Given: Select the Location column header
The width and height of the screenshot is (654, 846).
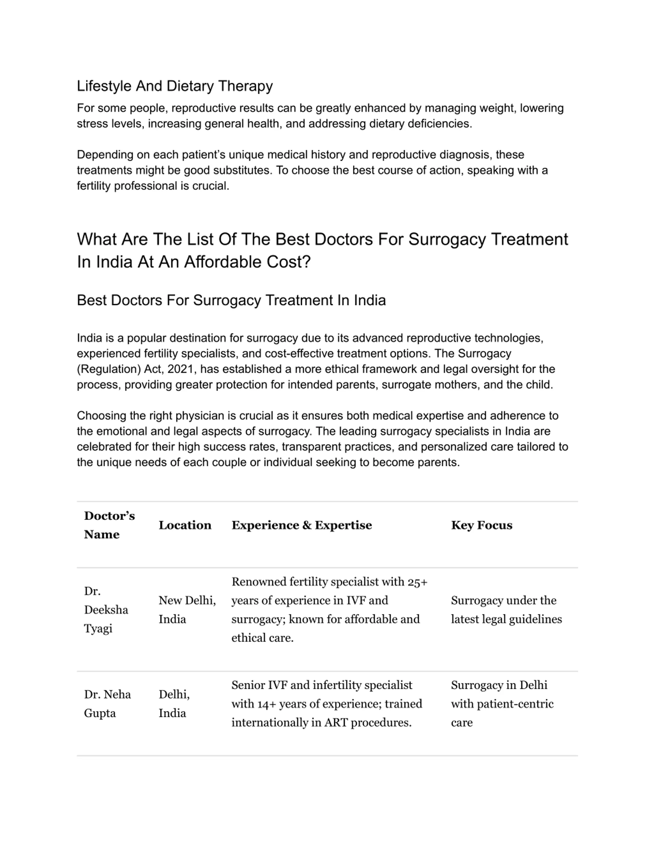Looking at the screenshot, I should click(x=185, y=525).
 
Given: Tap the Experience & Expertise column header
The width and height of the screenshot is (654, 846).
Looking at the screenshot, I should click(x=301, y=525).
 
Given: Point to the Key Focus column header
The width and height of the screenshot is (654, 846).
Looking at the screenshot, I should click(x=482, y=525).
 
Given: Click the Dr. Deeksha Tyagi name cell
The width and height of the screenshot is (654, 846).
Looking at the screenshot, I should click(x=106, y=610).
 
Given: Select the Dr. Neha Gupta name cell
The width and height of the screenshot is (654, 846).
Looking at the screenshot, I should click(x=107, y=704).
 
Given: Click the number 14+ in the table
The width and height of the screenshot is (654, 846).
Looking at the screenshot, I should click(x=266, y=704).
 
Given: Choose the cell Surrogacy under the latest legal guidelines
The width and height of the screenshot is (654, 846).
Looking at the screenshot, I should click(x=506, y=610).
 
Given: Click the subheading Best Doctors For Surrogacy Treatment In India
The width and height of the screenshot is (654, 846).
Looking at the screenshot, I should click(x=231, y=301).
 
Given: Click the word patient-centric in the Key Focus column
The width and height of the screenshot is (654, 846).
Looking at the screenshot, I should click(x=515, y=704).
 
